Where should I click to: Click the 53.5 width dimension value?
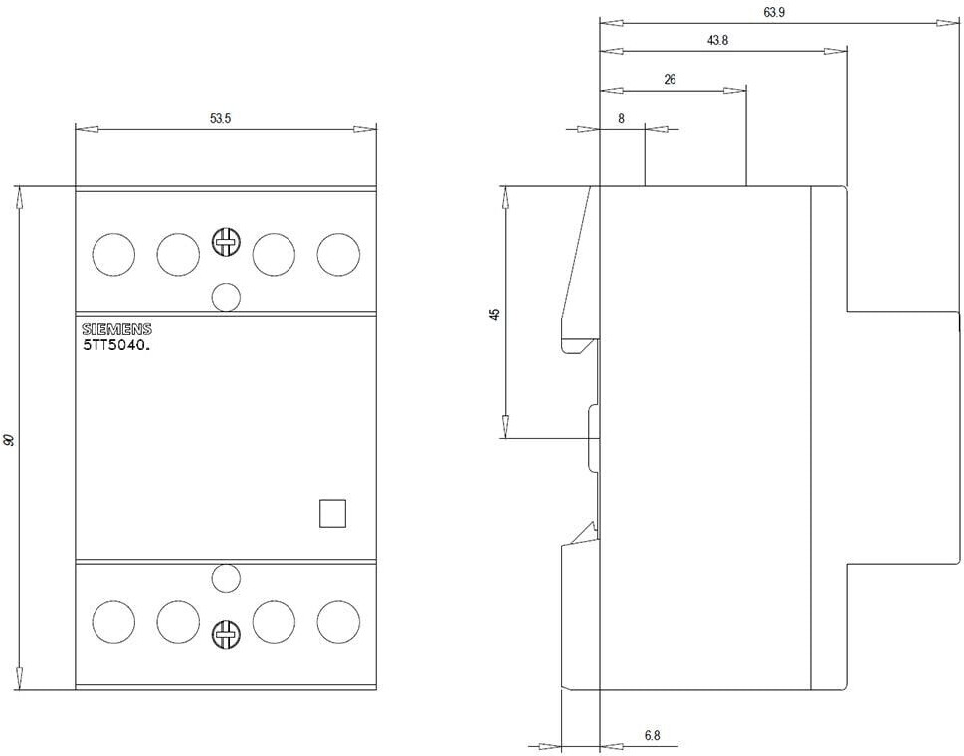220,118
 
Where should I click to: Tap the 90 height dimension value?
9,439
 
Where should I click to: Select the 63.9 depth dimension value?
774,12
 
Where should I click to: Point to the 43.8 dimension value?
717,41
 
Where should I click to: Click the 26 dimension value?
671,80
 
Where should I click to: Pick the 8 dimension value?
621,118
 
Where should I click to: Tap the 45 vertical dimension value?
494,314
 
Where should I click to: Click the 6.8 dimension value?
653,734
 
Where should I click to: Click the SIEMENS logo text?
116,330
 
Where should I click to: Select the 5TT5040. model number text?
116,345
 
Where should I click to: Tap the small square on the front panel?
332,514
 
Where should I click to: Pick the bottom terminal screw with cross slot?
226,633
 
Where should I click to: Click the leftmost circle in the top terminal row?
113,254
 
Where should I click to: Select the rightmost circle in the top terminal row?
339,254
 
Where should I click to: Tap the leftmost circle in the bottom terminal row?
113,622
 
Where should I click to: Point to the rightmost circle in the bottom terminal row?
339,622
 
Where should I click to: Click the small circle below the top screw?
226,297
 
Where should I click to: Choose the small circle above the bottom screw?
226,578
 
